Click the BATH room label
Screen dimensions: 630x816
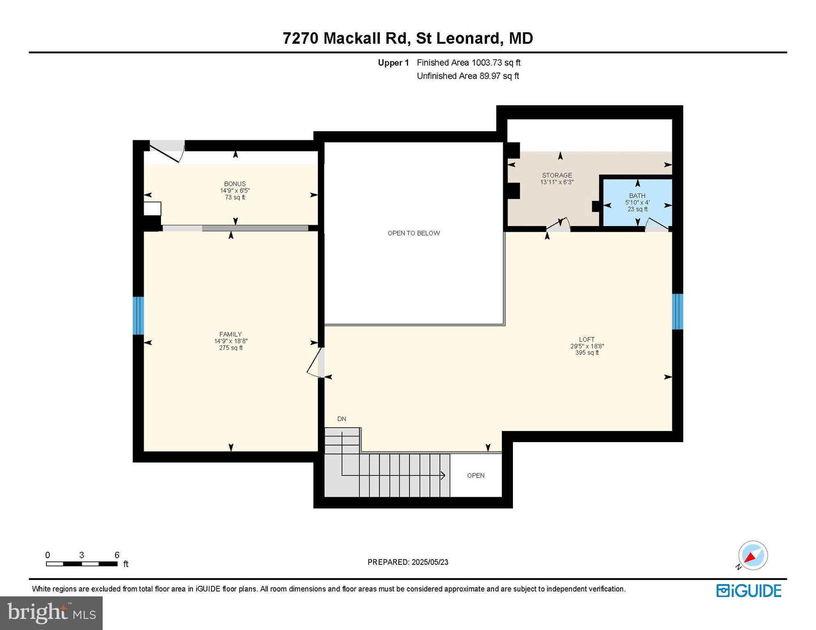[637, 196]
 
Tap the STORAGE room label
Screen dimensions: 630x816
[556, 175]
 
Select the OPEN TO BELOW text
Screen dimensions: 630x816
[414, 233]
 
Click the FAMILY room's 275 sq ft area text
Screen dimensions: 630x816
[231, 348]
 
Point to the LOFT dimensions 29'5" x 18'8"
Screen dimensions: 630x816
[587, 346]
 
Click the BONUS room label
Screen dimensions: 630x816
[235, 184]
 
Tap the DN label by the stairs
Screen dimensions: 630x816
[342, 419]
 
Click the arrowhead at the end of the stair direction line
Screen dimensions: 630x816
[443, 475]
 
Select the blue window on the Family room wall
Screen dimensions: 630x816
[138, 315]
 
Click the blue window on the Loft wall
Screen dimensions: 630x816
[677, 311]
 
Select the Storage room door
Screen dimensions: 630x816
[558, 224]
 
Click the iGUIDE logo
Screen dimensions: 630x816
[749, 591]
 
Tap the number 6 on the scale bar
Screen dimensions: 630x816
[117, 555]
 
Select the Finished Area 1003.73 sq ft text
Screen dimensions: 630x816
[469, 63]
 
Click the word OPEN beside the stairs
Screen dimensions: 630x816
[476, 475]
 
